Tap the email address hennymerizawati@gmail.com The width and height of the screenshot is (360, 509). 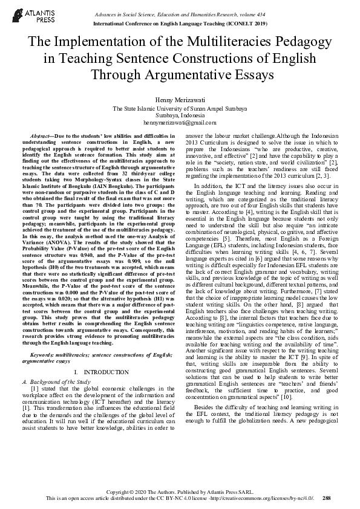pyautogui.click(x=180, y=122)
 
